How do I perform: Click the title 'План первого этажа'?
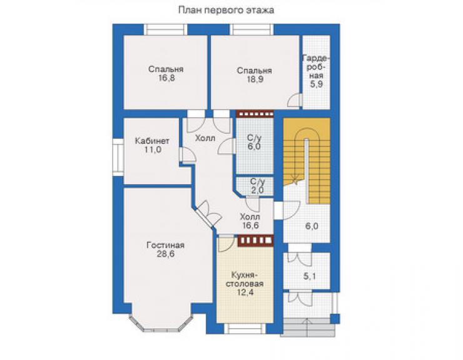pyautogui.click(x=226, y=11)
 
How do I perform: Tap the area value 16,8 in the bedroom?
pyautogui.click(x=166, y=78)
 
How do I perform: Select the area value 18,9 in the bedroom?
pyautogui.click(x=255, y=80)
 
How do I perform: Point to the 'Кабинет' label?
pyautogui.click(x=152, y=141)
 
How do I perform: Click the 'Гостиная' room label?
pyautogui.click(x=166, y=245)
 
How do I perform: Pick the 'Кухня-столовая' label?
pyautogui.click(x=245, y=279)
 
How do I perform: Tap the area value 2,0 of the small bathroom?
pyautogui.click(x=257, y=190)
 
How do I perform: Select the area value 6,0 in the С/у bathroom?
pyautogui.click(x=254, y=147)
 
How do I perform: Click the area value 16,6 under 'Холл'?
pyautogui.click(x=250, y=225)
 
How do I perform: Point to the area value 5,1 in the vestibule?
pyautogui.click(x=310, y=276)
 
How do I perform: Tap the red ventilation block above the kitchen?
pyautogui.click(x=255, y=240)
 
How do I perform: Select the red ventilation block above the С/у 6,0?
pyautogui.click(x=255, y=114)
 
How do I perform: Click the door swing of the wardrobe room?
pyautogui.click(x=293, y=100)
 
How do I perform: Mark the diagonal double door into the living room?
pyautogui.click(x=208, y=215)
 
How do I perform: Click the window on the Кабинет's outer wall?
pyautogui.click(x=118, y=157)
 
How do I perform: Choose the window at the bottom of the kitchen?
pyautogui.click(x=245, y=329)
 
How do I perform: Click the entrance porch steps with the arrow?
pyautogui.click(x=308, y=327)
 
